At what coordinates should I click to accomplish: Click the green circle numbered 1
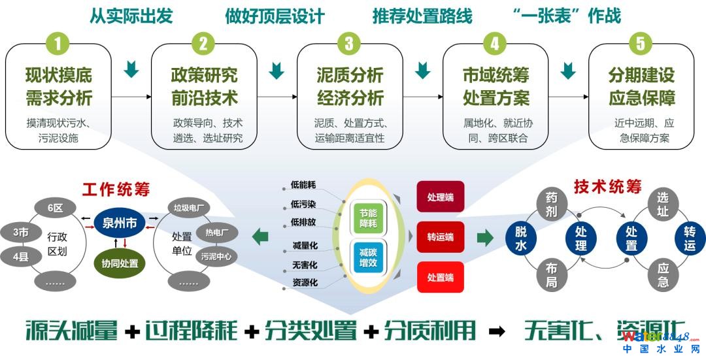58,44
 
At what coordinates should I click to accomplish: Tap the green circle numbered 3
349,44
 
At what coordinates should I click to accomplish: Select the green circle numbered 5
640,44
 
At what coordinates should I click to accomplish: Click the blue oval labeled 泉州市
120,223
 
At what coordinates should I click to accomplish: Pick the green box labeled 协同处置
120,263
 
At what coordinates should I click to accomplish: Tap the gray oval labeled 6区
55,208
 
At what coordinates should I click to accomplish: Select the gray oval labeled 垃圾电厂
190,208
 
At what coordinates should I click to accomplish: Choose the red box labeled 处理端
440,196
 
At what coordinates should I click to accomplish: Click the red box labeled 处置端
440,277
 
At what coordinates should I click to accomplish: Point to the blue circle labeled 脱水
521,238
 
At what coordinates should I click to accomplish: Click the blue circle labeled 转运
690,238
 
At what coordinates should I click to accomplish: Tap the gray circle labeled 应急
663,274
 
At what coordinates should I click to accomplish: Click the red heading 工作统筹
116,189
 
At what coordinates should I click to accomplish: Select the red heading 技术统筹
607,186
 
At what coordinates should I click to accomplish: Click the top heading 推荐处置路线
422,16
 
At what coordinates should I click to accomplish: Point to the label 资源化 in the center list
304,283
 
